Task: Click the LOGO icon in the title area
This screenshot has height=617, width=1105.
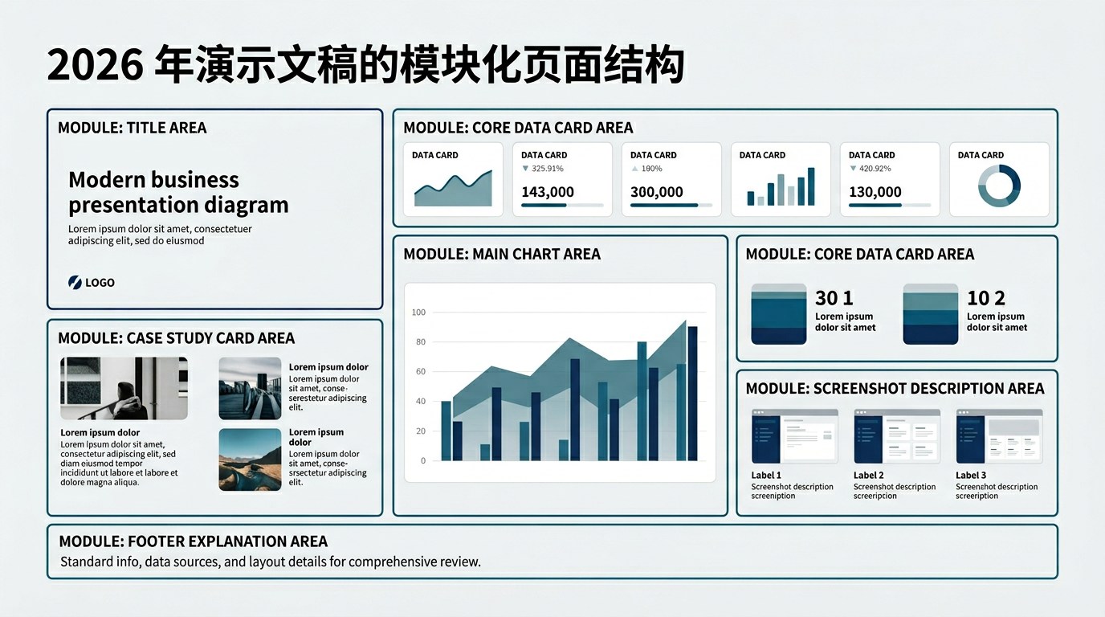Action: point(75,282)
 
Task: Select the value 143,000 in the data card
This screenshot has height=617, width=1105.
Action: point(548,191)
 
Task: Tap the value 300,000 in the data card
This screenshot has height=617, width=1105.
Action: point(657,191)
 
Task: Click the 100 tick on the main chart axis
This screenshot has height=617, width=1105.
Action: point(418,312)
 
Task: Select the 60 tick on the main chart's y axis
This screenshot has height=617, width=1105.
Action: point(420,371)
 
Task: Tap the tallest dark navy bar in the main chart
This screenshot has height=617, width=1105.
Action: point(692,394)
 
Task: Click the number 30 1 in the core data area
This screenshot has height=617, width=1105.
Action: point(834,298)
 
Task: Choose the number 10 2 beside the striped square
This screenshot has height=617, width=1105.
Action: point(985,298)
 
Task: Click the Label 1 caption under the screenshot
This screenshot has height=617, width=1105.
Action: point(766,476)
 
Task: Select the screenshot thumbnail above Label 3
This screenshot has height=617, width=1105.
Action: point(1000,436)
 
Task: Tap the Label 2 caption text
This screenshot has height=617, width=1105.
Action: point(869,476)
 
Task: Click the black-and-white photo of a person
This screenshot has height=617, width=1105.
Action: point(124,389)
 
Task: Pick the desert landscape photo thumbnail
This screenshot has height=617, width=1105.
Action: point(250,460)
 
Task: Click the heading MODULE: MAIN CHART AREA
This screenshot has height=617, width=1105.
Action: point(502,254)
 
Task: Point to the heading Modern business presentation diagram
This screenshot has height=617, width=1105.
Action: point(178,192)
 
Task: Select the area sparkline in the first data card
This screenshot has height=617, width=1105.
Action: point(453,189)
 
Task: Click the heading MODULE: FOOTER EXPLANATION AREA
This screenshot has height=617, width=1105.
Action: point(193,541)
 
